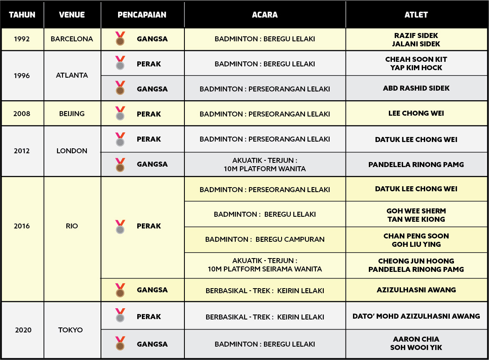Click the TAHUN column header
coord(22,15)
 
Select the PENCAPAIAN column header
coord(142,15)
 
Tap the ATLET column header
coord(416,15)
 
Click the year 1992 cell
coord(22,39)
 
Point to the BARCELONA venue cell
coord(72,39)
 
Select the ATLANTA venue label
coord(72,76)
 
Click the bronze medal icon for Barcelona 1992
coord(120,38)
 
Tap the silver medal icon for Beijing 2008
coord(120,114)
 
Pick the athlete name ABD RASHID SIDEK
coord(416,89)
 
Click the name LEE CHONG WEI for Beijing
coord(416,114)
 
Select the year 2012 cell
coord(22,151)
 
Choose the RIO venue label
coord(72,226)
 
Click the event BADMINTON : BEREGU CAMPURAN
coord(265,240)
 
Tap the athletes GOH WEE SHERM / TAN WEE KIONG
coord(416,215)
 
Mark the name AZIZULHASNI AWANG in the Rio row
coord(416,290)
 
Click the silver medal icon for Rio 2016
coord(120,227)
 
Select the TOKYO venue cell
coord(71,330)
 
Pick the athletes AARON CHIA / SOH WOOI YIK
coord(416,343)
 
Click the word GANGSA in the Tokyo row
coord(152,344)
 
